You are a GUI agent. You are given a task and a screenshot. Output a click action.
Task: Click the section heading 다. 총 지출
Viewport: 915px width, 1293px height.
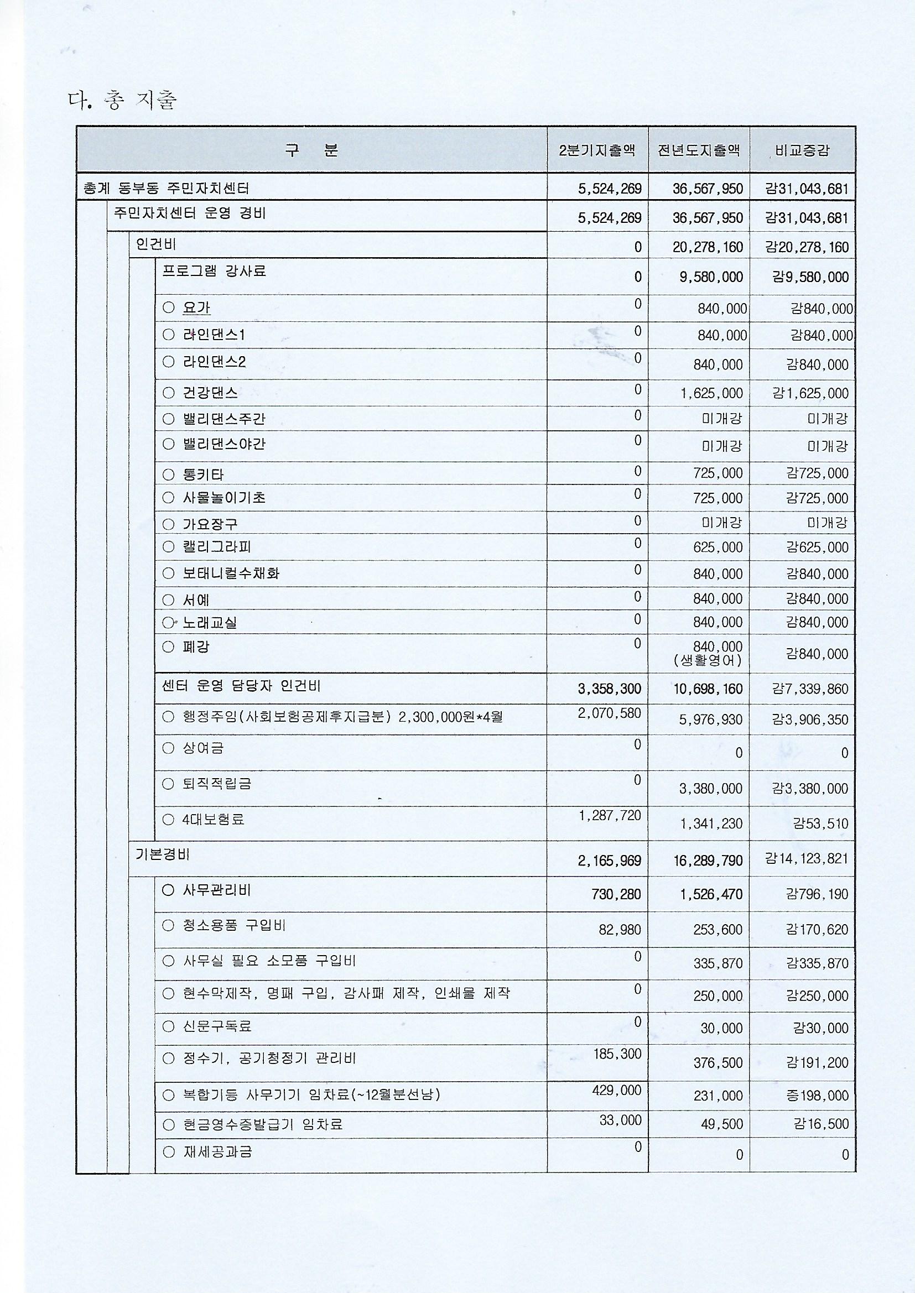123,101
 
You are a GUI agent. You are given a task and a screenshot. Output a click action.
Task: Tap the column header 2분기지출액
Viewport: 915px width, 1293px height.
597,150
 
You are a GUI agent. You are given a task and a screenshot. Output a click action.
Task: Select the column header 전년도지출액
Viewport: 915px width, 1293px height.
699,150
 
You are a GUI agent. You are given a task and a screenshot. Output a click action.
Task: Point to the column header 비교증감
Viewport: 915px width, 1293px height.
802,151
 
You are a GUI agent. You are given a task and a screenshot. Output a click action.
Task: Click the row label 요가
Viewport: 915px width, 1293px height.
196,308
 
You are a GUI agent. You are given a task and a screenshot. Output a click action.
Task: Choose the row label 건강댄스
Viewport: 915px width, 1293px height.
210,393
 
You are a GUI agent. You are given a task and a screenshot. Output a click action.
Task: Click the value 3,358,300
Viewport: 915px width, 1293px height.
610,689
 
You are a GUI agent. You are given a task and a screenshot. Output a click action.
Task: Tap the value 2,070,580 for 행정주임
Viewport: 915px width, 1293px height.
610,713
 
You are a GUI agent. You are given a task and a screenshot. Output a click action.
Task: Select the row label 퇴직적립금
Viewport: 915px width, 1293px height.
216,783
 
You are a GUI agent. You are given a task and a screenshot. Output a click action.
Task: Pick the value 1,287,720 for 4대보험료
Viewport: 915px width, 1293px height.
610,815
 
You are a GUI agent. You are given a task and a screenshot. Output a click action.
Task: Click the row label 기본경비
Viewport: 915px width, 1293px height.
162,854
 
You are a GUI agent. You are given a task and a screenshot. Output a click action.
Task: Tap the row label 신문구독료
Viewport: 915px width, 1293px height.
217,1026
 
